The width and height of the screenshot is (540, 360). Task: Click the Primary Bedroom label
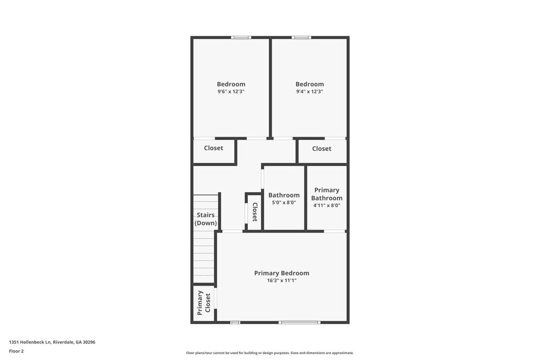coord(281,273)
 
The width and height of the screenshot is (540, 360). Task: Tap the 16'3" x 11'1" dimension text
coord(281,281)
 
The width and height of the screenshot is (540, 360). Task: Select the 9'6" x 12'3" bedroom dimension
coord(231,92)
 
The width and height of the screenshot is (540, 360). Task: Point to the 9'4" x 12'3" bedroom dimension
coord(309,92)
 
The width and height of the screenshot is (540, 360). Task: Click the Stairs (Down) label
coord(206,219)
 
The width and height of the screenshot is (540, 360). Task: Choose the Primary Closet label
coord(204,303)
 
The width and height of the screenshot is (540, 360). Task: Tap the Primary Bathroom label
coord(327,194)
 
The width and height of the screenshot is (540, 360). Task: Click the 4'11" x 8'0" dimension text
coord(327,205)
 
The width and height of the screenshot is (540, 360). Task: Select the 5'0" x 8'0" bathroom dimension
coord(284,203)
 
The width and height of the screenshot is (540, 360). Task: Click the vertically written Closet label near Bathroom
coord(255,212)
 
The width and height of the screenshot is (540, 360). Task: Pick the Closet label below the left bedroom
coord(213,148)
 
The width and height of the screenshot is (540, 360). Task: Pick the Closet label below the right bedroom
coord(321,148)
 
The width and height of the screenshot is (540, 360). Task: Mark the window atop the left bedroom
coord(241,37)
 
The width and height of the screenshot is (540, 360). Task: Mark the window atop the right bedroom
coord(301,37)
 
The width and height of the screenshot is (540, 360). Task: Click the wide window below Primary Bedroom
coord(299,322)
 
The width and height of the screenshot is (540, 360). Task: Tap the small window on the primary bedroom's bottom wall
coord(235,322)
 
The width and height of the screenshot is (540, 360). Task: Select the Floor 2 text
coord(16,351)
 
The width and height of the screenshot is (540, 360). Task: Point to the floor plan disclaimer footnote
coord(270,353)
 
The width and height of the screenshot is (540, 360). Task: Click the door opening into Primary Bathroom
coord(334,231)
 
